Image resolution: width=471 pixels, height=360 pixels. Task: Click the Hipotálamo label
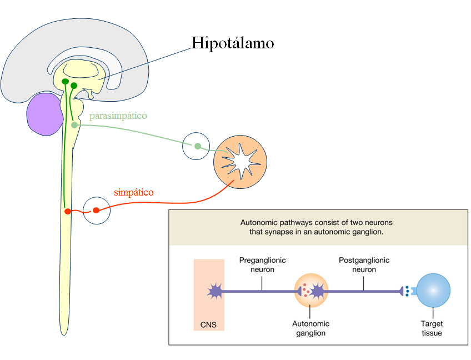tap(233, 43)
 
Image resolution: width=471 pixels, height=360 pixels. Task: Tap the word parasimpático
tap(118, 116)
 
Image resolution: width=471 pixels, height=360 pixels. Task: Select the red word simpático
tap(134, 192)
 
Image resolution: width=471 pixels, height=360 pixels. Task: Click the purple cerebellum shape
tap(44, 114)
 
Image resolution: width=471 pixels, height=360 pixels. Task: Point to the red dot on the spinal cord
tap(68, 211)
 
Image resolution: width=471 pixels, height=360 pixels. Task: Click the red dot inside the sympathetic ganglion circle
tap(96, 211)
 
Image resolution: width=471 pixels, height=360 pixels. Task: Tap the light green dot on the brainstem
tap(74, 124)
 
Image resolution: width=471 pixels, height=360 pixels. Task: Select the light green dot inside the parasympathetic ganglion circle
tap(198, 146)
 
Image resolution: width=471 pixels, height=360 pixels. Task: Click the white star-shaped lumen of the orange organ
tap(242, 161)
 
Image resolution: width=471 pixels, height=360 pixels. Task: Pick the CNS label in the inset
tap(208, 325)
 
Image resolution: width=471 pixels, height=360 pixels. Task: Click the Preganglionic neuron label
tap(262, 265)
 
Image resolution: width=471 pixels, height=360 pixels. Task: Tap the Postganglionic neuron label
tap(364, 265)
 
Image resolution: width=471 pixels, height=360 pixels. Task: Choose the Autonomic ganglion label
tap(311, 328)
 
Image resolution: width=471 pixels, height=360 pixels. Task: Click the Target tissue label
tap(432, 328)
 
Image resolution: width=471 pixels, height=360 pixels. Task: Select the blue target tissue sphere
tap(433, 291)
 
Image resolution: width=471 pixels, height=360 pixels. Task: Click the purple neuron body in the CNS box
tap(215, 291)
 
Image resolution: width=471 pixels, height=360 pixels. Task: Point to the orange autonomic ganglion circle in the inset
tap(311, 291)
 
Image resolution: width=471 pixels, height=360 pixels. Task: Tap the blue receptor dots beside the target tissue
tap(407, 291)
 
